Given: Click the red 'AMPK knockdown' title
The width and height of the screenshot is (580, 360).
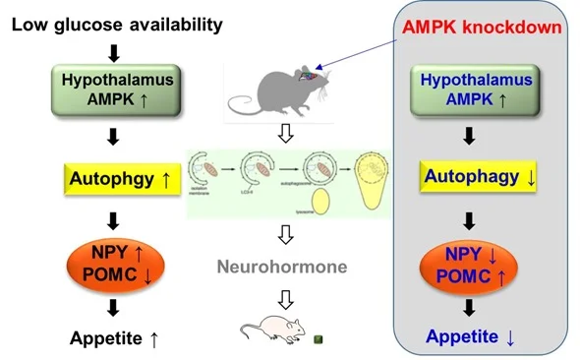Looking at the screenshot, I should coord(483,27).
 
